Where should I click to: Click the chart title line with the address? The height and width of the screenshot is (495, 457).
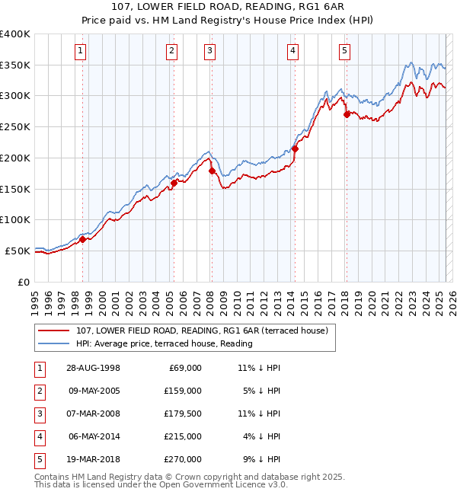(228, 7)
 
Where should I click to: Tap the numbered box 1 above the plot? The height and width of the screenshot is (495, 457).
(81, 51)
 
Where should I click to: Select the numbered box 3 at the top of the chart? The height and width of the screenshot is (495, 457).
(209, 51)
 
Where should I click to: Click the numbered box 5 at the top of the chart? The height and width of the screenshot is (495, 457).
(345, 51)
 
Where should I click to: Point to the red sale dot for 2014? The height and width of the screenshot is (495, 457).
(295, 148)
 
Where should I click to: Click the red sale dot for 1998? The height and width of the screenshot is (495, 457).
(82, 239)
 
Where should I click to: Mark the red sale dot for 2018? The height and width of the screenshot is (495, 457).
(347, 115)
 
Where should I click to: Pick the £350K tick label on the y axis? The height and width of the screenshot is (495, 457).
(14, 65)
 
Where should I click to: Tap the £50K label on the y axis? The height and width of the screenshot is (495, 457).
(17, 251)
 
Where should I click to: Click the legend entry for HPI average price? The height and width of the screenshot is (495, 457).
(164, 343)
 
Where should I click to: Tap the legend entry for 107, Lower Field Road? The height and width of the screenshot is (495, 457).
(202, 331)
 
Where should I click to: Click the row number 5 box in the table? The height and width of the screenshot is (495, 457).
(37, 459)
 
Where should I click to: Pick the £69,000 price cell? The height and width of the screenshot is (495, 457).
(184, 368)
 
